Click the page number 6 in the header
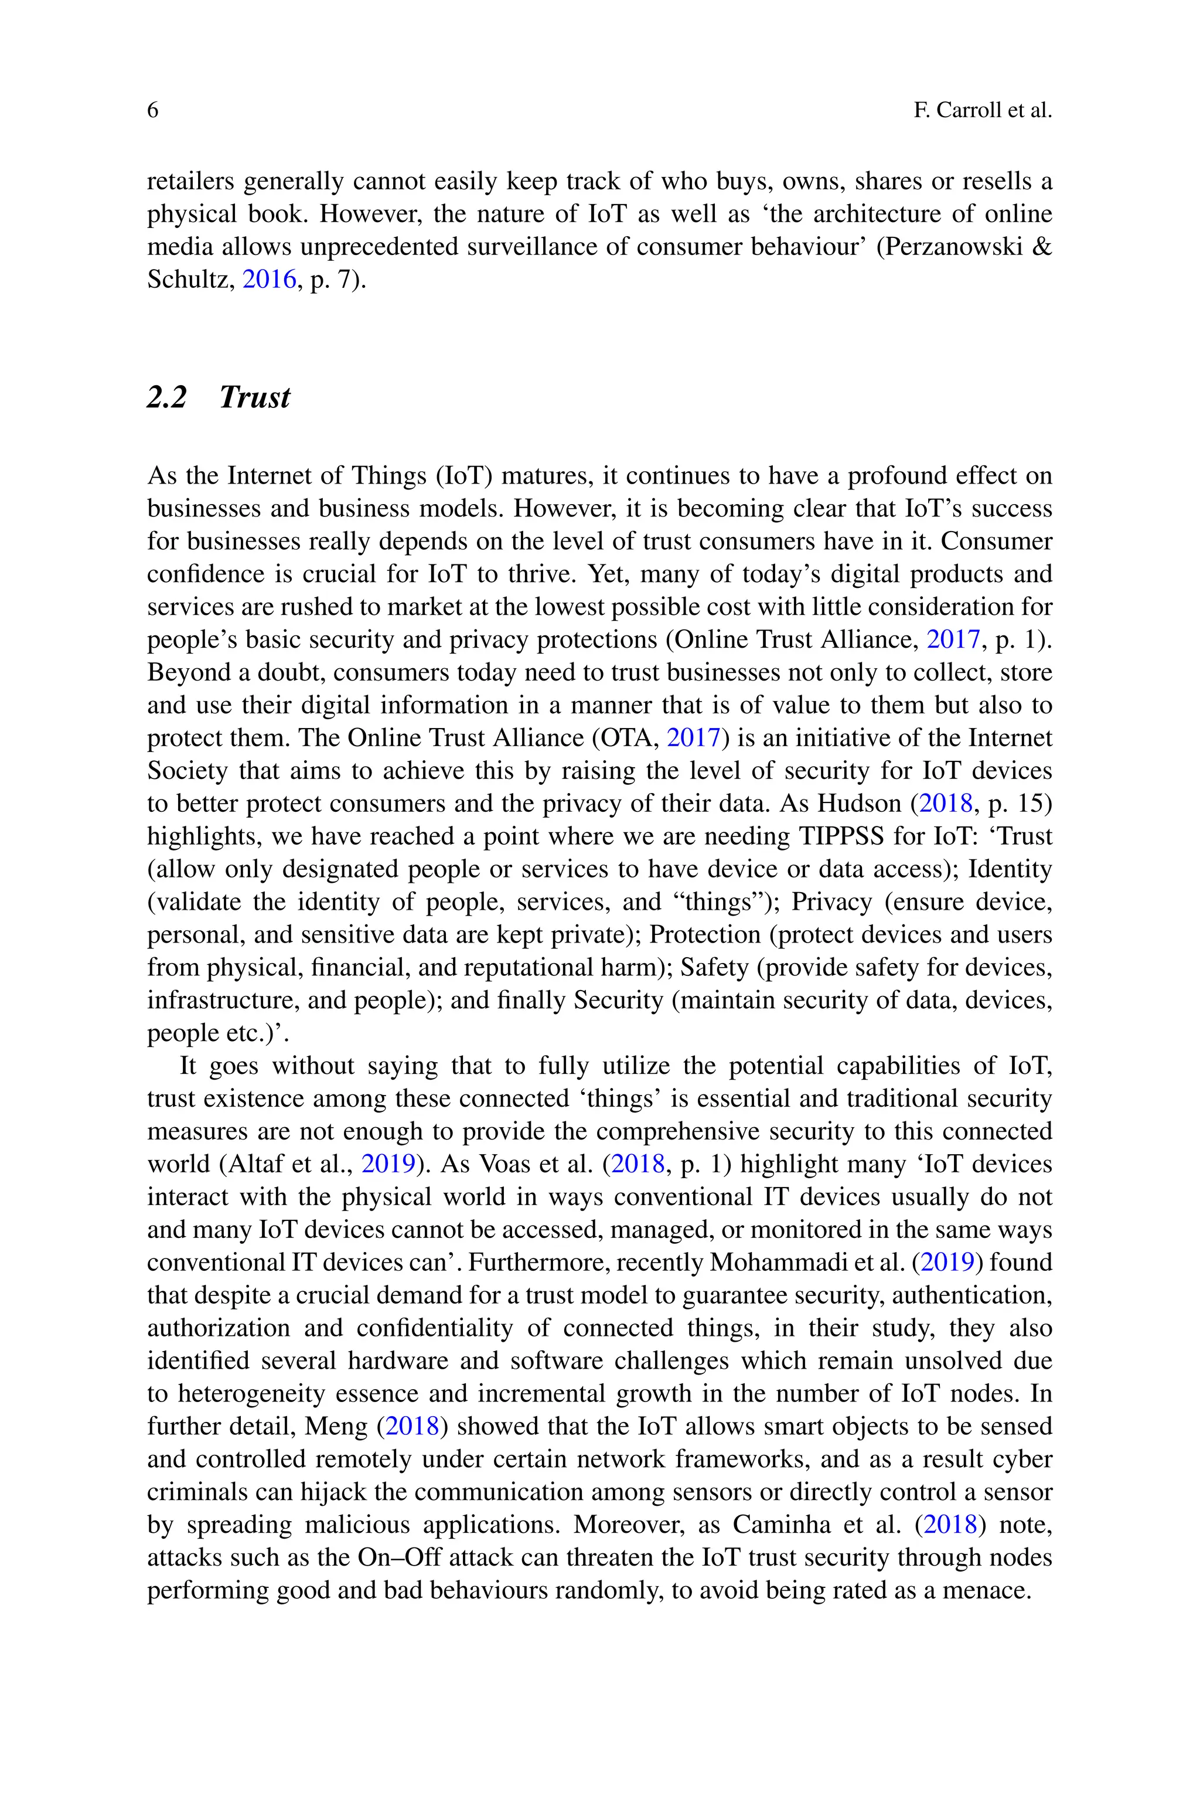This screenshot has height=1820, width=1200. click(153, 111)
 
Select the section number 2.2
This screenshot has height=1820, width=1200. click(167, 397)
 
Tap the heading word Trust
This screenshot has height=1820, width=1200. click(255, 397)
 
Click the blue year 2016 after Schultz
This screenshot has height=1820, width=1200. click(268, 280)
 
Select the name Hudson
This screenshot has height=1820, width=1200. click(858, 804)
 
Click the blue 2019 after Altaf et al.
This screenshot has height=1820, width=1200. click(387, 1164)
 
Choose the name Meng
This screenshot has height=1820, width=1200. click(337, 1427)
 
